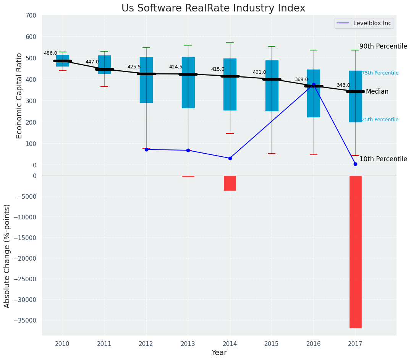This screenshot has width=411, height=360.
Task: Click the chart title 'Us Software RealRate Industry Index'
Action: click(213, 8)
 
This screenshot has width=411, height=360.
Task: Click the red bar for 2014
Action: click(230, 183)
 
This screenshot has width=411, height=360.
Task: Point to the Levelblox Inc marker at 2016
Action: click(314, 85)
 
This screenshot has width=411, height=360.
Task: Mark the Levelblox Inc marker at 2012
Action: click(146, 149)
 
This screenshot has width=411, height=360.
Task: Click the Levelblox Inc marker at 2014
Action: click(230, 158)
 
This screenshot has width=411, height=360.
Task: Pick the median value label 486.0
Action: click(50, 54)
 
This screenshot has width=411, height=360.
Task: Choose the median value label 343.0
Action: click(343, 86)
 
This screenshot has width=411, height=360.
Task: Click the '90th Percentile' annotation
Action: click(383, 46)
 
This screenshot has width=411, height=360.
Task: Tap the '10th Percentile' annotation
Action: click(383, 159)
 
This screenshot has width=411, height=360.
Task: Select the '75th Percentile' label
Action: click(380, 73)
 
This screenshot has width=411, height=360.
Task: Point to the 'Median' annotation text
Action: click(377, 92)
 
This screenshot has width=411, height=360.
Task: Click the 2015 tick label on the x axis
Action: click(272, 344)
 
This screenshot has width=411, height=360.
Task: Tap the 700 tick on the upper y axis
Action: click(31, 16)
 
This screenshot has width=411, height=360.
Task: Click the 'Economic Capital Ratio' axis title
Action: click(19, 96)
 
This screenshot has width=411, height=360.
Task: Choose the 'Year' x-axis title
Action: click(219, 353)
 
